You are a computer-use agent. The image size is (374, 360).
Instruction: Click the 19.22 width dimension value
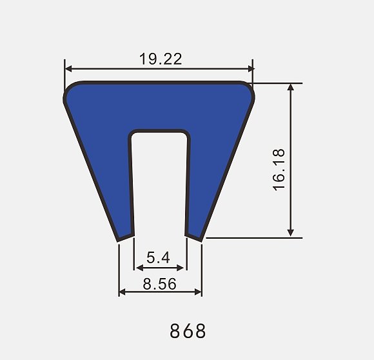161,59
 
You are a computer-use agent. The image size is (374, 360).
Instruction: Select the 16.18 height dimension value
279,170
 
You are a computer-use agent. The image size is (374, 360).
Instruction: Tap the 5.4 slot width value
158,257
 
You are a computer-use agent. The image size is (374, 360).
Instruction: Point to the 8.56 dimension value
159,284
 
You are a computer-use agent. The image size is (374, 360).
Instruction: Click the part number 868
188,331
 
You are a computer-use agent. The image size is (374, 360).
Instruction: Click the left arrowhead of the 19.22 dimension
68,68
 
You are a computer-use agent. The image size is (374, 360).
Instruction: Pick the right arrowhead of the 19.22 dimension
251,68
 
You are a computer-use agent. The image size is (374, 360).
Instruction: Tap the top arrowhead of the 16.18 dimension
291,87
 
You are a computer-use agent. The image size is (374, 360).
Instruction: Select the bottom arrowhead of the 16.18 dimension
291,233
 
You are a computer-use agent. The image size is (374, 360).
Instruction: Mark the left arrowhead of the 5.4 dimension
139,268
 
